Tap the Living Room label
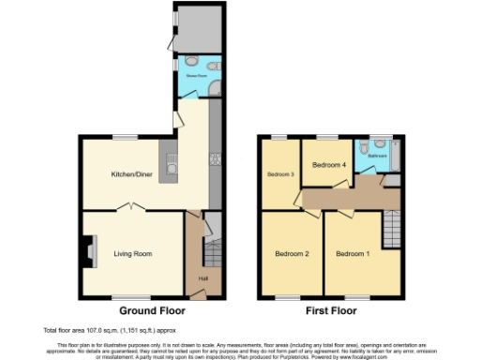pyautogui.click(x=134, y=253)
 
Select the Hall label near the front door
pyautogui.click(x=202, y=278)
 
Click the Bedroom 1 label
pyautogui.click(x=352, y=253)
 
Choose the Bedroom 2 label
pyautogui.click(x=292, y=253)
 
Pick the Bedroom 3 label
pyautogui.click(x=279, y=174)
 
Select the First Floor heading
pyautogui.click(x=329, y=309)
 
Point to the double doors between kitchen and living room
pyautogui.click(x=131, y=212)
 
